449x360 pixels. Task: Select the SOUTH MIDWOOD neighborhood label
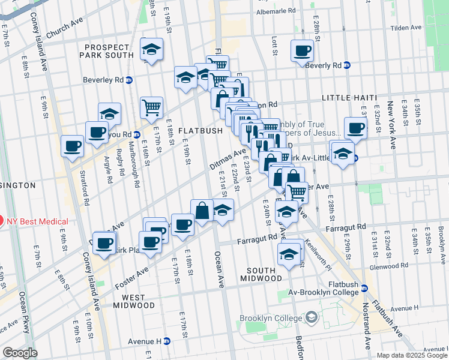tap(261, 274)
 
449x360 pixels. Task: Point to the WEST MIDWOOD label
tap(137, 301)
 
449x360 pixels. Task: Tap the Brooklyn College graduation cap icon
tap(311, 316)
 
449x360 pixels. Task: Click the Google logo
tap(20, 353)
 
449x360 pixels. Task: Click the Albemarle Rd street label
tap(276, 11)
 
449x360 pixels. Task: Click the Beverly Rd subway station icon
tap(346, 65)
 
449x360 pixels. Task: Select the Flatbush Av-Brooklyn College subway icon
tap(364, 289)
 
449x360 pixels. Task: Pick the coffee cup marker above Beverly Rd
tap(301, 51)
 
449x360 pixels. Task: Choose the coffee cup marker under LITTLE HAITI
tap(356, 128)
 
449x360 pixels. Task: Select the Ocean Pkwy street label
tap(28, 304)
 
